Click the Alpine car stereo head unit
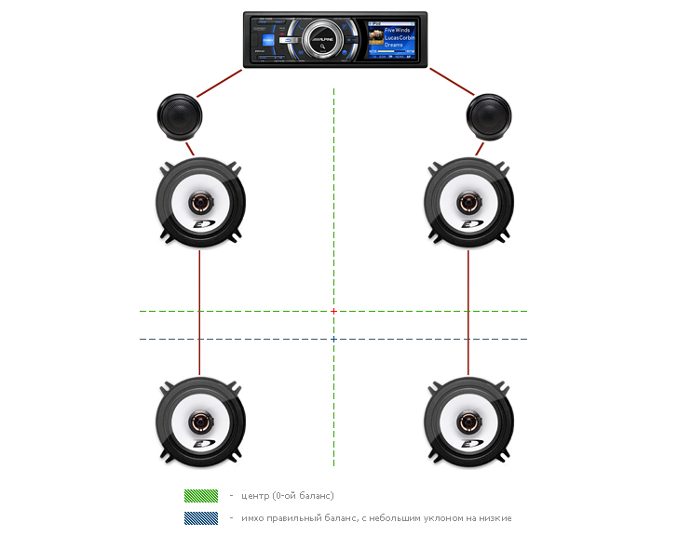pyautogui.click(x=337, y=38)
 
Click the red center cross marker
pyautogui.click(x=333, y=311)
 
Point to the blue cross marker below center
pyautogui.click(x=333, y=339)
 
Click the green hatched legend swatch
pyautogui.click(x=200, y=496)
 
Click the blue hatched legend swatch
pyautogui.click(x=200, y=518)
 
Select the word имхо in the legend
pyautogui.click(x=254, y=518)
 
